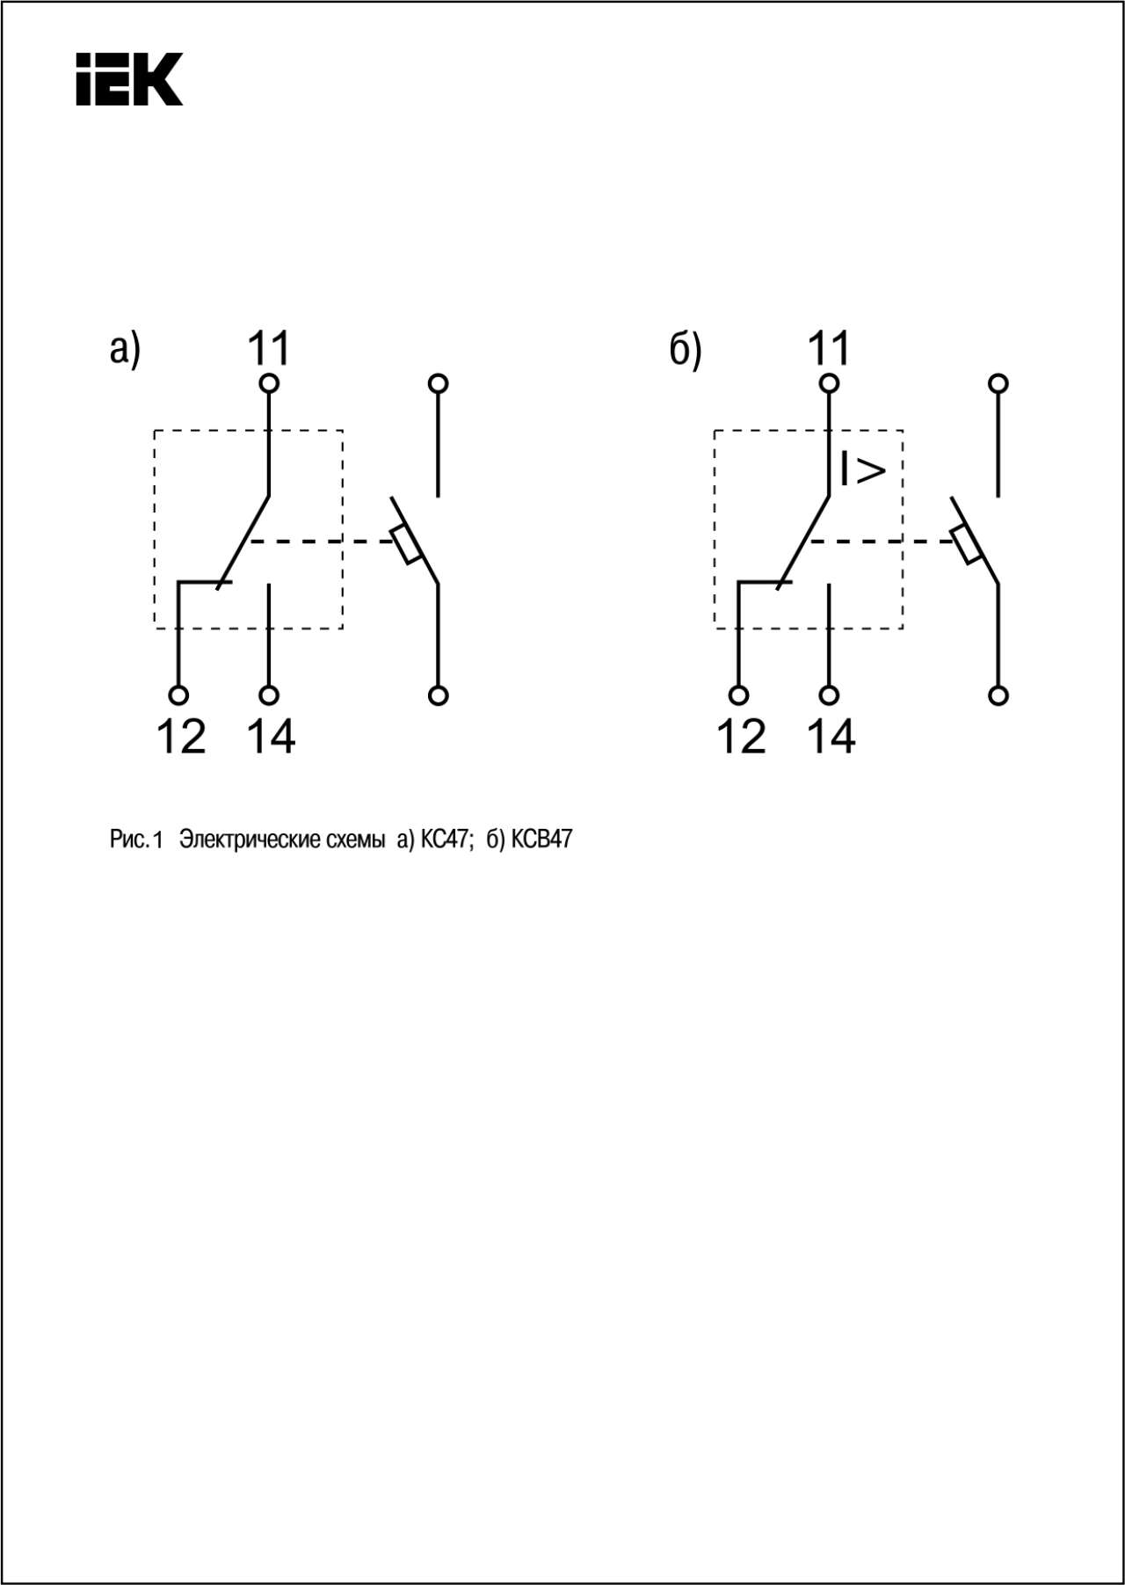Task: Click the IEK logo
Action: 129,79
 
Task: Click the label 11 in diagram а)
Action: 269,348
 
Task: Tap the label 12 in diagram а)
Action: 181,737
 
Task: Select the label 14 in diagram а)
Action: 271,737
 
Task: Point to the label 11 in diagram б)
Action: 830,348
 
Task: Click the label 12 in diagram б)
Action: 742,737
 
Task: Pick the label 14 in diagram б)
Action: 831,737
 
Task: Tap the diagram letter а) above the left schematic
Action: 125,349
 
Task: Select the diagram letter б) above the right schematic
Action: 686,349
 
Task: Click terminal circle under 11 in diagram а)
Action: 269,383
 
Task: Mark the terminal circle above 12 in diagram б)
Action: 739,695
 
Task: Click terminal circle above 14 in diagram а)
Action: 269,695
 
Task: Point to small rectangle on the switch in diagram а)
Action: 407,545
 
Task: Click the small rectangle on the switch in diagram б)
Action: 967,545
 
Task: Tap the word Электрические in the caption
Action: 282,840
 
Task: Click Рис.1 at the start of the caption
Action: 136,840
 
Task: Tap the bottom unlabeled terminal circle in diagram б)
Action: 998,695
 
